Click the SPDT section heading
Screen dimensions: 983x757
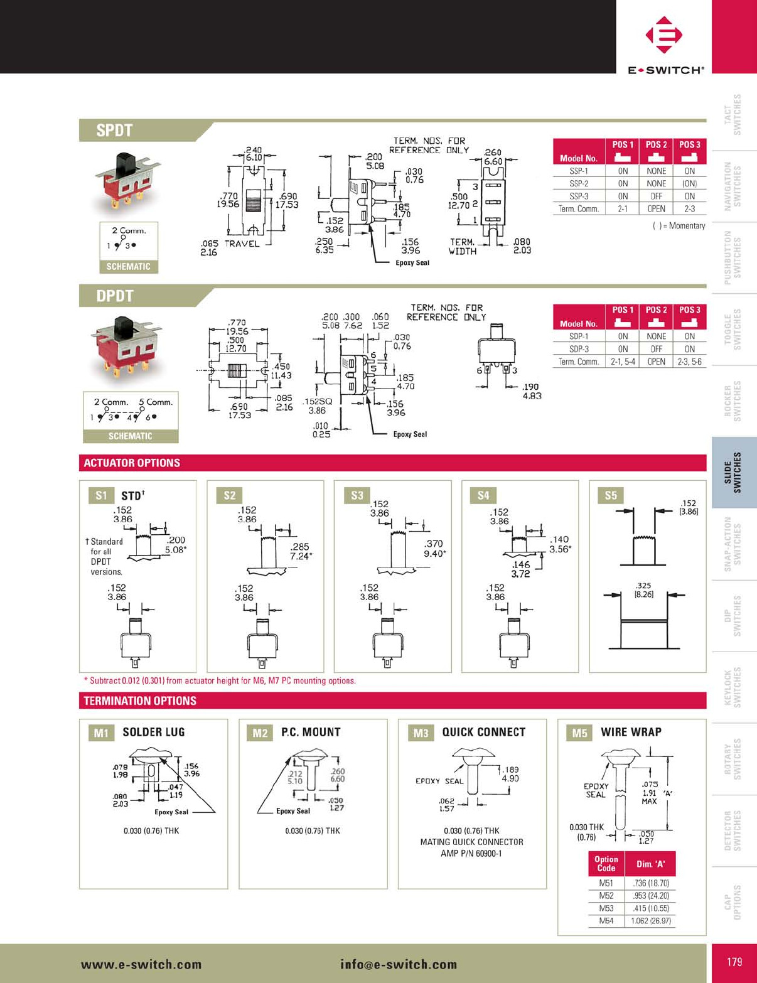coord(114,131)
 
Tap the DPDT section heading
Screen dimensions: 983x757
coord(115,296)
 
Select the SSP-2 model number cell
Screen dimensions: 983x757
coord(578,183)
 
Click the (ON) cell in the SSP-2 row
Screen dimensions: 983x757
coord(689,183)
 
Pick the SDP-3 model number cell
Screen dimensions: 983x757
coord(578,349)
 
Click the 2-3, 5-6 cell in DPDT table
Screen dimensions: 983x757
coord(689,362)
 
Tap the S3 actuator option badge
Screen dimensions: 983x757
coord(357,495)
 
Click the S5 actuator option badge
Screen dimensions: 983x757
coord(611,495)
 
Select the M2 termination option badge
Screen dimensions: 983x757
coord(260,733)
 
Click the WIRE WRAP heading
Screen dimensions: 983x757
coord(631,732)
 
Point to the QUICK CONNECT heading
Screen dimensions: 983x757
coord(483,732)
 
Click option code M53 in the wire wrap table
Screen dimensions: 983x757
coord(606,908)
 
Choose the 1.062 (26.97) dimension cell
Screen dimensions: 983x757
coord(651,921)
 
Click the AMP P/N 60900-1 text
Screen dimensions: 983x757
coord(471,854)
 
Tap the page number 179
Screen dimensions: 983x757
coord(734,962)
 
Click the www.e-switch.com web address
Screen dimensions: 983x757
coord(141,965)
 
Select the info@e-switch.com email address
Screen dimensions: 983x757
coord(399,965)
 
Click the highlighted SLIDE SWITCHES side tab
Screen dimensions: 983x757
coord(734,472)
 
